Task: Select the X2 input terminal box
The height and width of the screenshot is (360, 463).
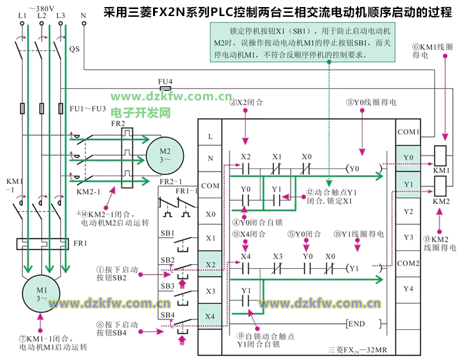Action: tap(210, 264)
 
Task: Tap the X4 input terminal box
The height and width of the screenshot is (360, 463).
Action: tap(210, 316)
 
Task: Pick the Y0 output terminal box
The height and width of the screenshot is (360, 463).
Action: tap(408, 157)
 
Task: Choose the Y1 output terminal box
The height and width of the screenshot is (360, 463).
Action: tap(408, 184)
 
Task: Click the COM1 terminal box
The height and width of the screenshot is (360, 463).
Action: tap(408, 132)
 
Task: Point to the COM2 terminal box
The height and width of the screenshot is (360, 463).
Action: tap(408, 263)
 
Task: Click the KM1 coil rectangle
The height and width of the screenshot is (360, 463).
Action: tap(441, 156)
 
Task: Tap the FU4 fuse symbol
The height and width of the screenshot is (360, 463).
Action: tap(165, 89)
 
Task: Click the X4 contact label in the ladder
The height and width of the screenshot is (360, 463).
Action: tap(245, 256)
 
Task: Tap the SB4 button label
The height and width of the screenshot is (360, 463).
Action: tap(167, 314)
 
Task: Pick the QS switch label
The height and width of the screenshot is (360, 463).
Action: tap(74, 49)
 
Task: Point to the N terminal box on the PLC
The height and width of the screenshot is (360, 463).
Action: tap(210, 158)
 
